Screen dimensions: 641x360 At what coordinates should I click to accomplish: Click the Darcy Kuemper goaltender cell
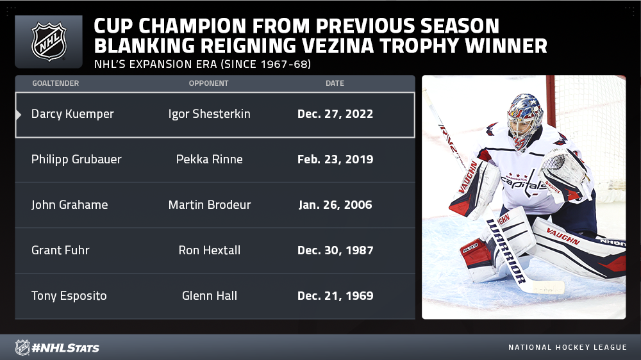(x=72, y=114)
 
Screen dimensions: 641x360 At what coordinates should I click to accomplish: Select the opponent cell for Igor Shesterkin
(x=210, y=114)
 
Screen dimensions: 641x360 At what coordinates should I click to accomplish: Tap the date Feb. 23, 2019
(x=335, y=160)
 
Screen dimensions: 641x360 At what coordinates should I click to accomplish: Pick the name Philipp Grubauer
(x=76, y=160)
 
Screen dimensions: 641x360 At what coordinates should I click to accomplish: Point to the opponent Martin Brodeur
(x=210, y=205)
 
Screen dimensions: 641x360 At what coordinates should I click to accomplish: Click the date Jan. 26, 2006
(x=335, y=205)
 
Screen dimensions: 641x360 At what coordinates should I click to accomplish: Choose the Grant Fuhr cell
(x=60, y=250)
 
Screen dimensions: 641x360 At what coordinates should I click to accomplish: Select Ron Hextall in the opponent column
(x=210, y=250)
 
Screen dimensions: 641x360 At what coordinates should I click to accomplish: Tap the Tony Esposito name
(x=69, y=296)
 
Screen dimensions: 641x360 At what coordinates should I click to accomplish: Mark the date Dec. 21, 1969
(x=335, y=296)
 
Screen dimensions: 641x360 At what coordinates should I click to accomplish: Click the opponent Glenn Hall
(x=210, y=296)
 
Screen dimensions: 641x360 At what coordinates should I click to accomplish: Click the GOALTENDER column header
(x=56, y=83)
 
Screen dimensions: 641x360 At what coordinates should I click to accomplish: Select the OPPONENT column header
(x=208, y=83)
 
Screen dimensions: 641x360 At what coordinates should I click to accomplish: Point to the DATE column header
(x=335, y=83)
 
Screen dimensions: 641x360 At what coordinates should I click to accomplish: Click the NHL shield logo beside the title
(x=49, y=42)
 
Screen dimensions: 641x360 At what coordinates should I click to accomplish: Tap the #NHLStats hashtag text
(x=65, y=348)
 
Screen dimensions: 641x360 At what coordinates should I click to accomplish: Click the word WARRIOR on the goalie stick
(x=506, y=251)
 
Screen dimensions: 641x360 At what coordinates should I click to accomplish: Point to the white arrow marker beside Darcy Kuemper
(x=19, y=115)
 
